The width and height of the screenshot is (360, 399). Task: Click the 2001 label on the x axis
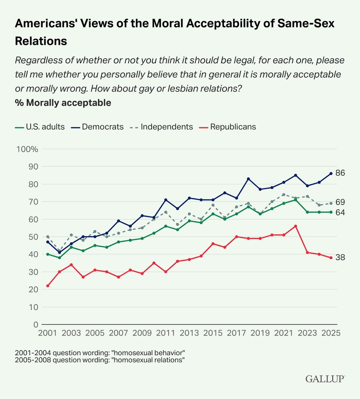click(47, 333)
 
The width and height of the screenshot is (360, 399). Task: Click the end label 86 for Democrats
click(340, 173)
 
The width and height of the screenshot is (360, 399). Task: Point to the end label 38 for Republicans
click(340, 257)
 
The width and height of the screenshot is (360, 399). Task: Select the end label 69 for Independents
click(340, 202)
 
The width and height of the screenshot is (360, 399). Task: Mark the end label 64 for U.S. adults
click(340, 212)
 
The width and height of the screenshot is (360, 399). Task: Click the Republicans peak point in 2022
click(295, 226)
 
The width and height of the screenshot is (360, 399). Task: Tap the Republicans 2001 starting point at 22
click(48, 286)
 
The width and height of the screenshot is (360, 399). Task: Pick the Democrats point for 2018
click(248, 179)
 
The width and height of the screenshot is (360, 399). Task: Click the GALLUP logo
click(325, 379)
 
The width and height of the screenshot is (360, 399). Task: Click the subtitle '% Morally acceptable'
click(63, 103)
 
